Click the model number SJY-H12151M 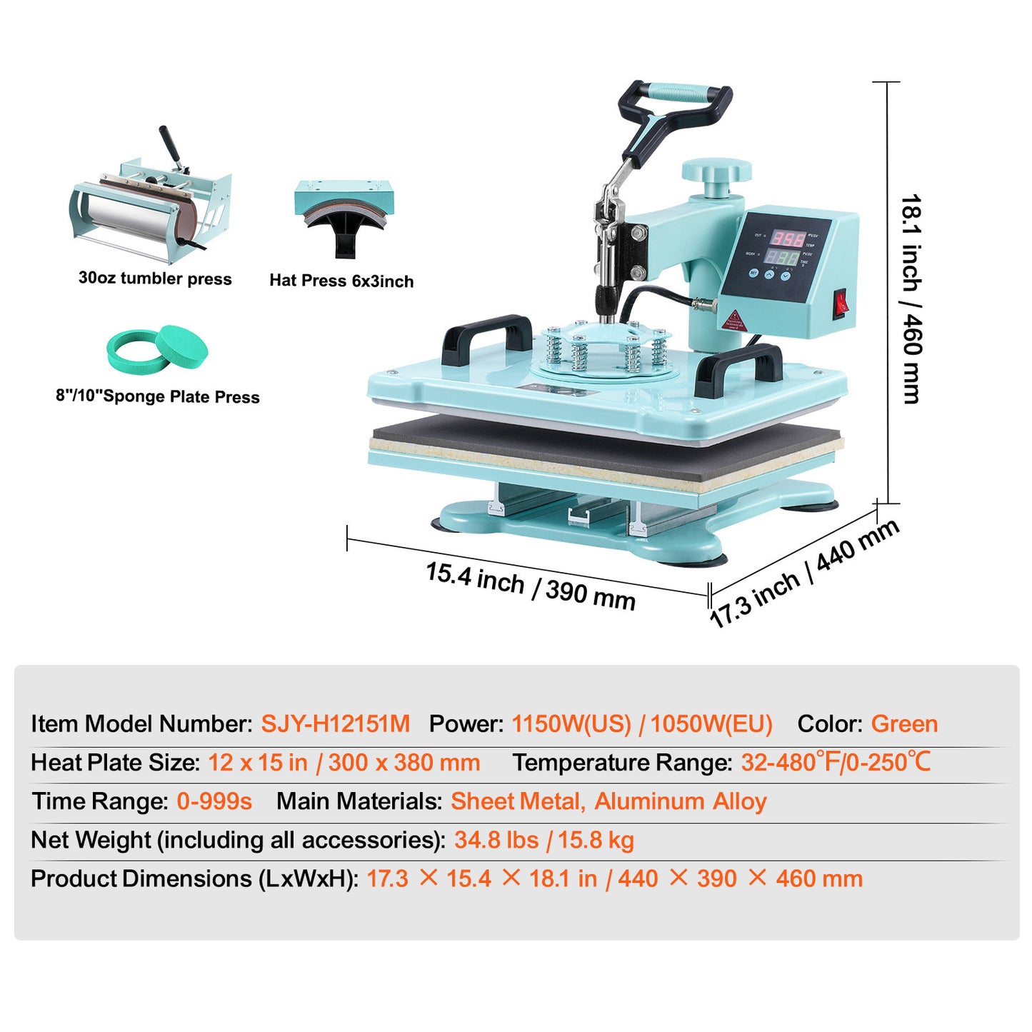coord(335,723)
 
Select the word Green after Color coord(904,723)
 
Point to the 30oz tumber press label coord(155,279)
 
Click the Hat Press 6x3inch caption coord(341,281)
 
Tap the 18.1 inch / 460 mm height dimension coord(911,299)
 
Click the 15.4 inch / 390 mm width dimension coord(531,586)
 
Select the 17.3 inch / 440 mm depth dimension coord(804,572)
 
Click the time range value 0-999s coord(214,801)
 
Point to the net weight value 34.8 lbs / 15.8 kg coord(544,840)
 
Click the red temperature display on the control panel coord(786,239)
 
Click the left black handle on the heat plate coord(486,337)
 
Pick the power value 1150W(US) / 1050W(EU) coord(642,723)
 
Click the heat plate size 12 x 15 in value coord(258,762)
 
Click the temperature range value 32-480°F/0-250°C coord(836,762)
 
